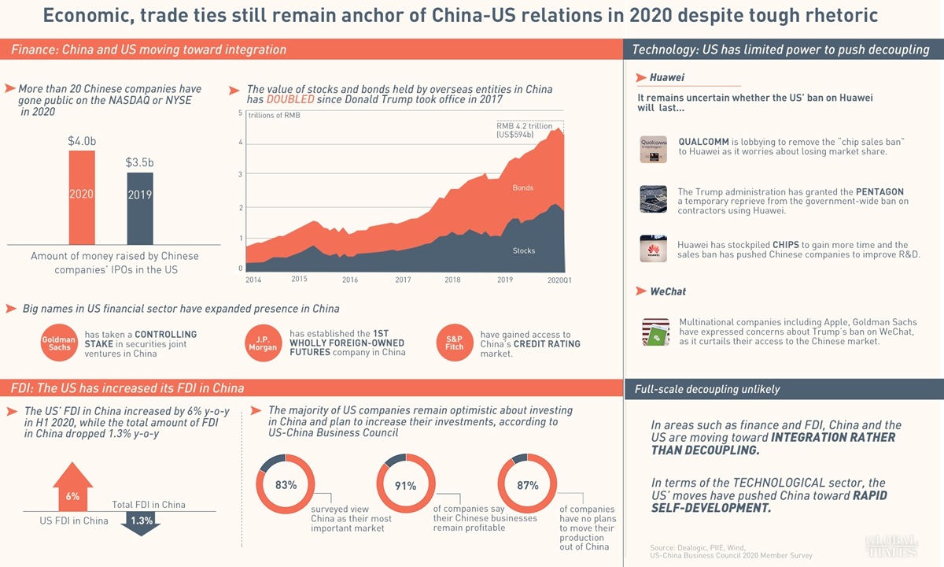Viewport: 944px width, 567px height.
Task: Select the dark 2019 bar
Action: point(140,208)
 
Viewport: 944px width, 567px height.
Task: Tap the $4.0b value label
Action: point(82,142)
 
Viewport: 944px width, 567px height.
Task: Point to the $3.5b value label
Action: point(140,163)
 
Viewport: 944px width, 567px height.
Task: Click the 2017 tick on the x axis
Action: point(403,280)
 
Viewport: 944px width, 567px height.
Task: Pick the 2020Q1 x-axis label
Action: point(559,280)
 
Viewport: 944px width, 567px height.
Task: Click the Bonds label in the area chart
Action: point(523,188)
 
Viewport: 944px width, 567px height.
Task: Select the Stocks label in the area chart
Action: point(524,250)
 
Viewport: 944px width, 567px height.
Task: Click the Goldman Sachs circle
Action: point(59,343)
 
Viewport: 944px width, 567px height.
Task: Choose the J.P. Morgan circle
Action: point(263,343)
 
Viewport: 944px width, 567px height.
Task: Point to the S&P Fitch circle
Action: point(455,343)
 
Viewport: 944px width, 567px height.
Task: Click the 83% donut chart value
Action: point(286,485)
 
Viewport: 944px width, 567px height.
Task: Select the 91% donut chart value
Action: point(406,485)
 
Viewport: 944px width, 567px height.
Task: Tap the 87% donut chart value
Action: point(527,485)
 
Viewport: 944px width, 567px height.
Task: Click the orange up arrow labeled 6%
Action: point(72,487)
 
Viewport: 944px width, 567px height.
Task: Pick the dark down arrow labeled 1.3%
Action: point(142,523)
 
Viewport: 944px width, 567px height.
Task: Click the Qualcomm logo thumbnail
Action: point(654,149)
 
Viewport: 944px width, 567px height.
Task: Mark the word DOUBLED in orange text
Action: point(290,101)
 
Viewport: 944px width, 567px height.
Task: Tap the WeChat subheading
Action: point(667,291)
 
